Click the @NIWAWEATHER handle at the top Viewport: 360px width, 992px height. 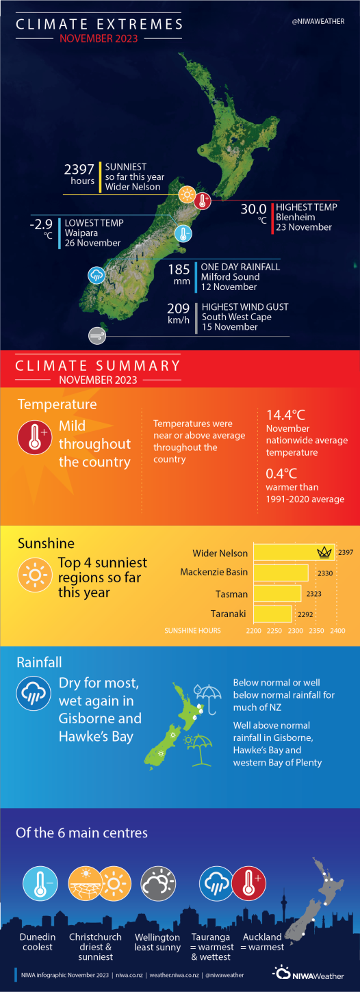tap(318, 22)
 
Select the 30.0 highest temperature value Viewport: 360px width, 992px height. tap(253, 208)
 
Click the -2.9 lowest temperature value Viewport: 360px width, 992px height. tap(42, 224)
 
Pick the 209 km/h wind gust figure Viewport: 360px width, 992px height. tap(178, 309)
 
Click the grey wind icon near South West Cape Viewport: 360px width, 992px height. tap(97, 335)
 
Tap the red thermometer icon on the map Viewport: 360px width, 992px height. tap(203, 200)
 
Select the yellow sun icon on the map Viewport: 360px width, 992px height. tap(185, 195)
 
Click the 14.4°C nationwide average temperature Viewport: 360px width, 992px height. tap(286, 415)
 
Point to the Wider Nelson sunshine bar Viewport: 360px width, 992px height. tap(294, 552)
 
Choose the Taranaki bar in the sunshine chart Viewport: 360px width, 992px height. tap(272, 614)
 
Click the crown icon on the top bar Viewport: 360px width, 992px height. tap(323, 552)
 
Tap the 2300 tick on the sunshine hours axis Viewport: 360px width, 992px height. tap(296, 630)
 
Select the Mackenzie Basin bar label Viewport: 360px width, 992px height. tap(214, 572)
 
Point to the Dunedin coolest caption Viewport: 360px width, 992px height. tap(38, 942)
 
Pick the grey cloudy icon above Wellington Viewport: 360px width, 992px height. tap(159, 883)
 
